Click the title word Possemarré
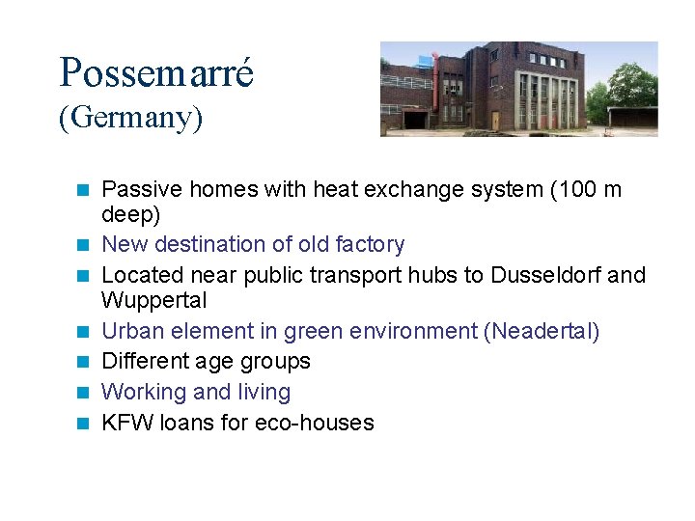[x=156, y=73]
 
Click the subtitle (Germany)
[x=130, y=119]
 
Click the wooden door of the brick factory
[x=495, y=121]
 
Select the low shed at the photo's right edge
[x=632, y=118]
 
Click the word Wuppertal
[x=154, y=300]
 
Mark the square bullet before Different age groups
[x=84, y=362]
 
